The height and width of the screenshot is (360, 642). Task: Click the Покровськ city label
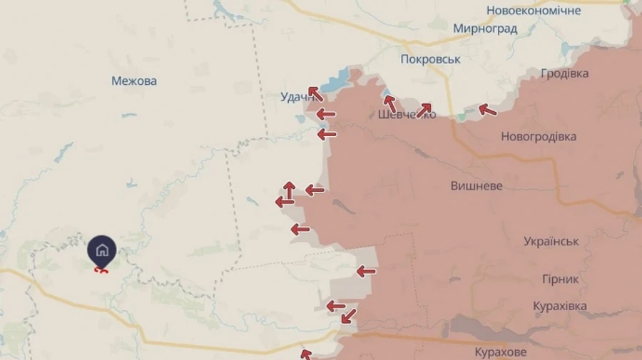tap(430, 59)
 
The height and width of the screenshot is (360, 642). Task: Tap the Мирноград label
tap(485, 29)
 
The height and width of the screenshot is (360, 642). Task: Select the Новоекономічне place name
tap(534, 11)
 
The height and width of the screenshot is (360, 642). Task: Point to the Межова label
tap(134, 81)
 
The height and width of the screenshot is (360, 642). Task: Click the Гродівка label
tap(565, 74)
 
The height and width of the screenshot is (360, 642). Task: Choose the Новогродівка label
tap(539, 137)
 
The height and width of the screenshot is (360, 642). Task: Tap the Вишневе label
tap(477, 186)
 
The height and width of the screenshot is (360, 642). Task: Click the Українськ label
tap(551, 242)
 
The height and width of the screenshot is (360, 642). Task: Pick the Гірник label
tap(561, 279)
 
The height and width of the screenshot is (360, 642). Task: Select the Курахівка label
tap(560, 306)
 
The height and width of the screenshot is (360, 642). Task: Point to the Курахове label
tap(501, 352)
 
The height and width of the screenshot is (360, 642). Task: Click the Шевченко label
tap(407, 115)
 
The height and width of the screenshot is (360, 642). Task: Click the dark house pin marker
tap(102, 250)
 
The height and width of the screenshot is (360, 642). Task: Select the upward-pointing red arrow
tap(289, 190)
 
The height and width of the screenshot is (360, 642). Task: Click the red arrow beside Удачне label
tap(315, 93)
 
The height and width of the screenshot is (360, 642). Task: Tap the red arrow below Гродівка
tap(488, 109)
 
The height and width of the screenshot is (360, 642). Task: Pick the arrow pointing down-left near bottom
tap(348, 316)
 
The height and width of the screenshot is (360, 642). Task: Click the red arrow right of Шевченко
tap(424, 110)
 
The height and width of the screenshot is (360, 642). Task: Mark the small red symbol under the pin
tap(101, 269)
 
